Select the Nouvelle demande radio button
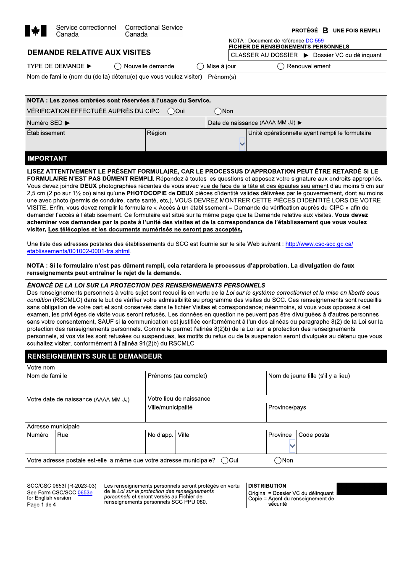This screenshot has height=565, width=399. pyautogui.click(x=118, y=66)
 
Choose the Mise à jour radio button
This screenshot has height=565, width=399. pyautogui.click(x=200, y=66)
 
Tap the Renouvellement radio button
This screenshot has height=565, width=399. pyautogui.click(x=281, y=66)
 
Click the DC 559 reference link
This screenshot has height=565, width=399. pyautogui.click(x=315, y=41)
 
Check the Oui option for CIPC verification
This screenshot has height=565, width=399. pyautogui.click(x=171, y=111)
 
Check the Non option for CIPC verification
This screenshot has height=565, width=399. pyautogui.click(x=218, y=111)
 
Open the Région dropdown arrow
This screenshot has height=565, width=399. pyautogui.click(x=242, y=144)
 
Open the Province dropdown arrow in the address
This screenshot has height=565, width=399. pyautogui.click(x=292, y=446)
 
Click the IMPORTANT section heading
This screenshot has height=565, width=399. pyautogui.click(x=47, y=158)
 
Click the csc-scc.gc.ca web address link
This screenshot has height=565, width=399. pyautogui.click(x=319, y=244)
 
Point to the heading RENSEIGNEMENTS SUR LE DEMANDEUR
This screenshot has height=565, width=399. pyautogui.click(x=94, y=356)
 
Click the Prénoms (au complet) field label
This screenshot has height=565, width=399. pyautogui.click(x=177, y=376)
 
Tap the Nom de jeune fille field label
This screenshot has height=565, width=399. pyautogui.click(x=309, y=376)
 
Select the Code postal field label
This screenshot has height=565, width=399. pyautogui.click(x=314, y=435)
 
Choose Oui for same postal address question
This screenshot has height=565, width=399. pyautogui.click(x=225, y=461)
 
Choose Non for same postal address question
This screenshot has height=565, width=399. pyautogui.click(x=278, y=461)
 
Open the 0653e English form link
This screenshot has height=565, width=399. pyautogui.click(x=85, y=493)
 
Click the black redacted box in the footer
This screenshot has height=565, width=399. pyautogui.click(x=361, y=488)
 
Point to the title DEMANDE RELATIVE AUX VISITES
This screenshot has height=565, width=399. pyautogui.click(x=89, y=53)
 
